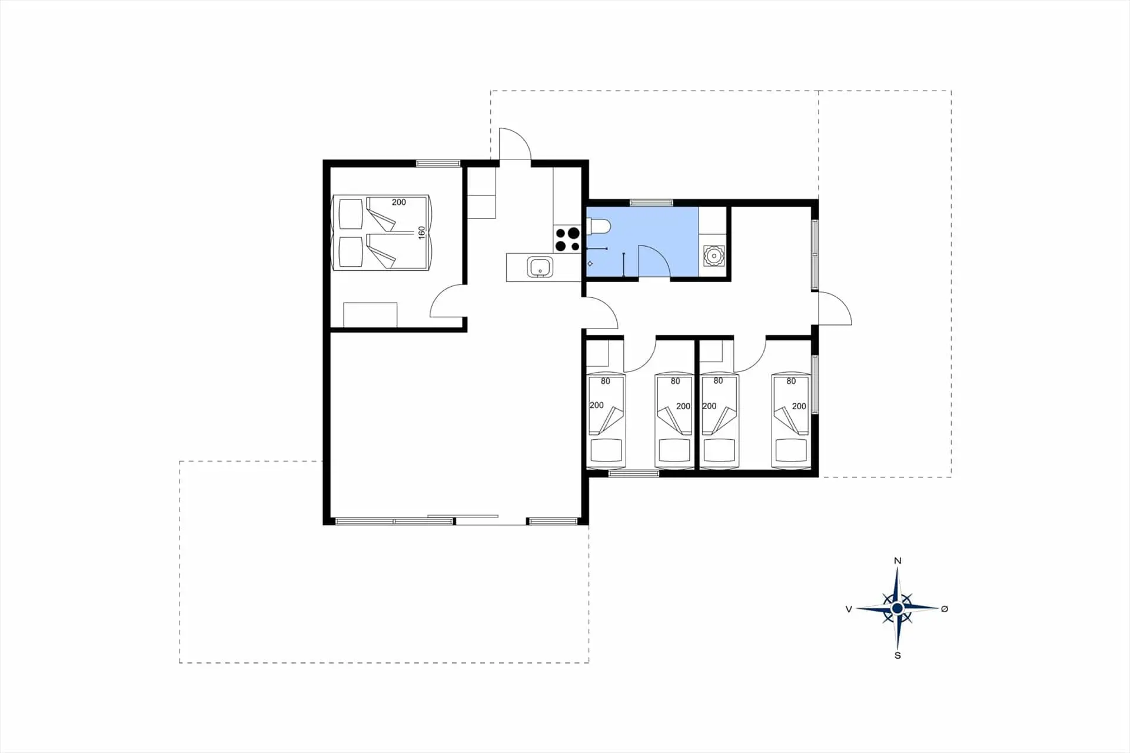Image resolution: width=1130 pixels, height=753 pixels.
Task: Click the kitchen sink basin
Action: (x=540, y=267)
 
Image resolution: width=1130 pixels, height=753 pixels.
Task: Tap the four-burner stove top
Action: (x=567, y=240)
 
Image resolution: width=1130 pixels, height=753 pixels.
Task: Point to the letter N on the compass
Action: (x=898, y=560)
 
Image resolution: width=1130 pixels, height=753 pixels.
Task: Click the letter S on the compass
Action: (x=898, y=655)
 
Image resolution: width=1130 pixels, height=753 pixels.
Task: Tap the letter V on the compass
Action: (x=849, y=609)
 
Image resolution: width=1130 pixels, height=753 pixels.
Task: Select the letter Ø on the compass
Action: (x=945, y=609)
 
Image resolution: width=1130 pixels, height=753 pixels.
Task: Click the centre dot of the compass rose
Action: (x=897, y=608)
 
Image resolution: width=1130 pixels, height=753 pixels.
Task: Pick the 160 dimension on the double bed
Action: (x=421, y=233)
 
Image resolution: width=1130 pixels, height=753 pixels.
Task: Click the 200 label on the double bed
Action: (x=398, y=202)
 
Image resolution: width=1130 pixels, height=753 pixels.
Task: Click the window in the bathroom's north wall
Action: (x=652, y=203)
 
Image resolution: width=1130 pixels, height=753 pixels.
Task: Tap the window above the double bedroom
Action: (x=438, y=163)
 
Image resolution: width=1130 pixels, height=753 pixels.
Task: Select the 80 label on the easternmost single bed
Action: (x=791, y=381)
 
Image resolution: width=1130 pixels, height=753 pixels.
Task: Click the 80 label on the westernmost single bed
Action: (x=606, y=381)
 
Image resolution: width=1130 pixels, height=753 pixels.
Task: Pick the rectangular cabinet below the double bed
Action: (x=370, y=315)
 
